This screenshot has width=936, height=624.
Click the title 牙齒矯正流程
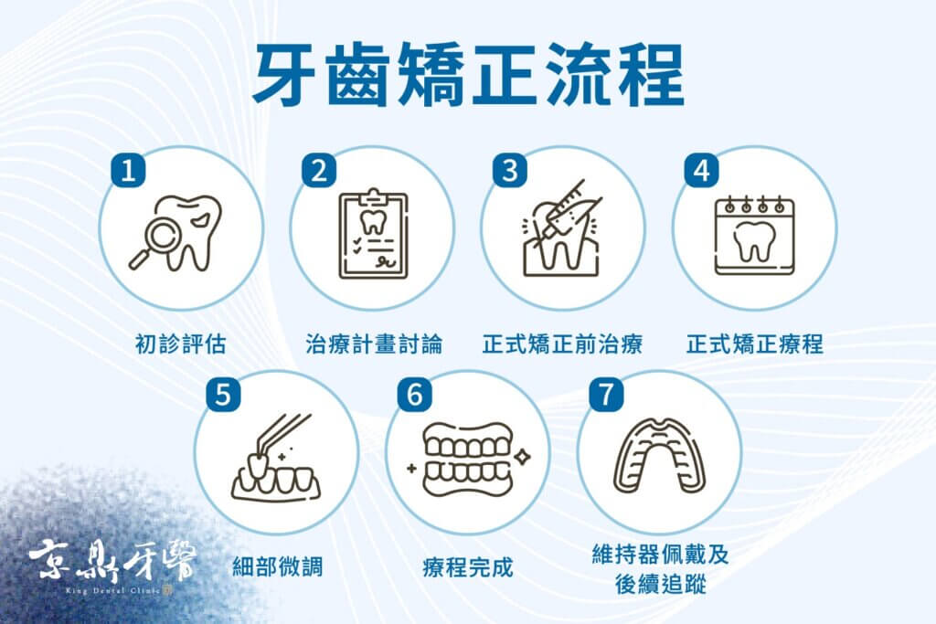pos(469,75)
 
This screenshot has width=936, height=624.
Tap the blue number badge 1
pos(128,171)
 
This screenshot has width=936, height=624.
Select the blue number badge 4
pos(701,171)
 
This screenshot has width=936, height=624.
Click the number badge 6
pos(415,395)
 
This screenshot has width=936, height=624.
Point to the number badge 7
pos(606,395)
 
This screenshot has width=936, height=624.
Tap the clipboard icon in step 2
pos(374,233)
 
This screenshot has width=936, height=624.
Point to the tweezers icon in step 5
pos(284,439)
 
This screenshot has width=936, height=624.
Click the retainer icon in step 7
pos(660,457)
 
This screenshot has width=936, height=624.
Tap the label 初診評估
pos(181,344)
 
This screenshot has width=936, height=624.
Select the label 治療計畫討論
pos(374,344)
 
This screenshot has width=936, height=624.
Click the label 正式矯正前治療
pos(562,344)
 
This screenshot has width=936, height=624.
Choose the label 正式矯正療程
pos(755,344)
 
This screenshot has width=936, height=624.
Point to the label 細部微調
pos(278,566)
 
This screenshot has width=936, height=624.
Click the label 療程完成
pos(468,566)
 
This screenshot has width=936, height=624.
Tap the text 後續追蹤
pos(661,584)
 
